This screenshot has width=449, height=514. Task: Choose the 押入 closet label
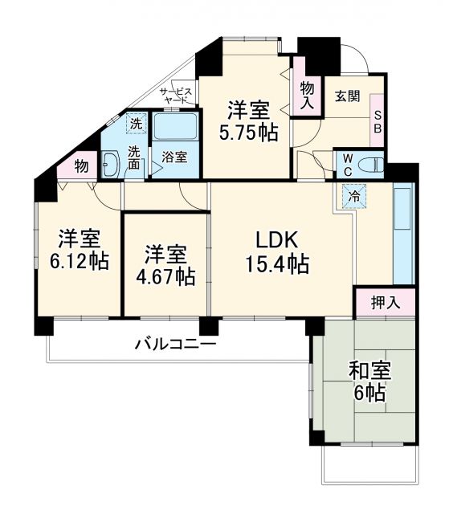click(385, 303)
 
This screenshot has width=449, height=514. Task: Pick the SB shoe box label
click(377, 121)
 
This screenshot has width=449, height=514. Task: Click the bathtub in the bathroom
click(176, 126)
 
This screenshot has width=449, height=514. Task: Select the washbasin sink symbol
click(110, 164)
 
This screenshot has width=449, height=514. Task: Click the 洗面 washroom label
click(136, 157)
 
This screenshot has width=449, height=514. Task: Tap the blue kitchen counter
click(403, 234)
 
